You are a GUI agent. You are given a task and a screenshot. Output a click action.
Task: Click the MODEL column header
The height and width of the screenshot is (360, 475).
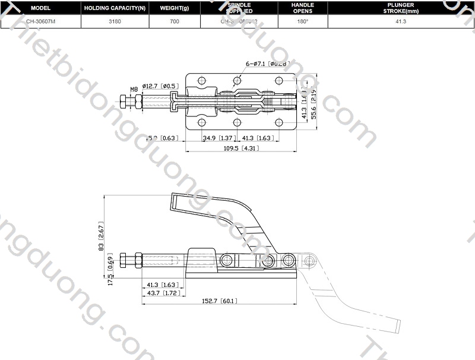point(40,8)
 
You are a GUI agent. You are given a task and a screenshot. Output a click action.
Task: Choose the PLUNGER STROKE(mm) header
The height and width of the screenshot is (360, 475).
point(403,8)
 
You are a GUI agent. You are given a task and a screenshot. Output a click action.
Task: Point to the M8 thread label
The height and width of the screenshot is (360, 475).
point(134,89)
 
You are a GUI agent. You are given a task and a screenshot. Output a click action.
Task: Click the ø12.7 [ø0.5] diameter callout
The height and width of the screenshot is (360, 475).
point(159,86)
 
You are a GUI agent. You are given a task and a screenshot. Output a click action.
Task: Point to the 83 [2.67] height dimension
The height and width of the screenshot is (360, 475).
point(101,238)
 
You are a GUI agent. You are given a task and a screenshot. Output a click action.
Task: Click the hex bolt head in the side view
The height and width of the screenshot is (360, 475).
point(123,261)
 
